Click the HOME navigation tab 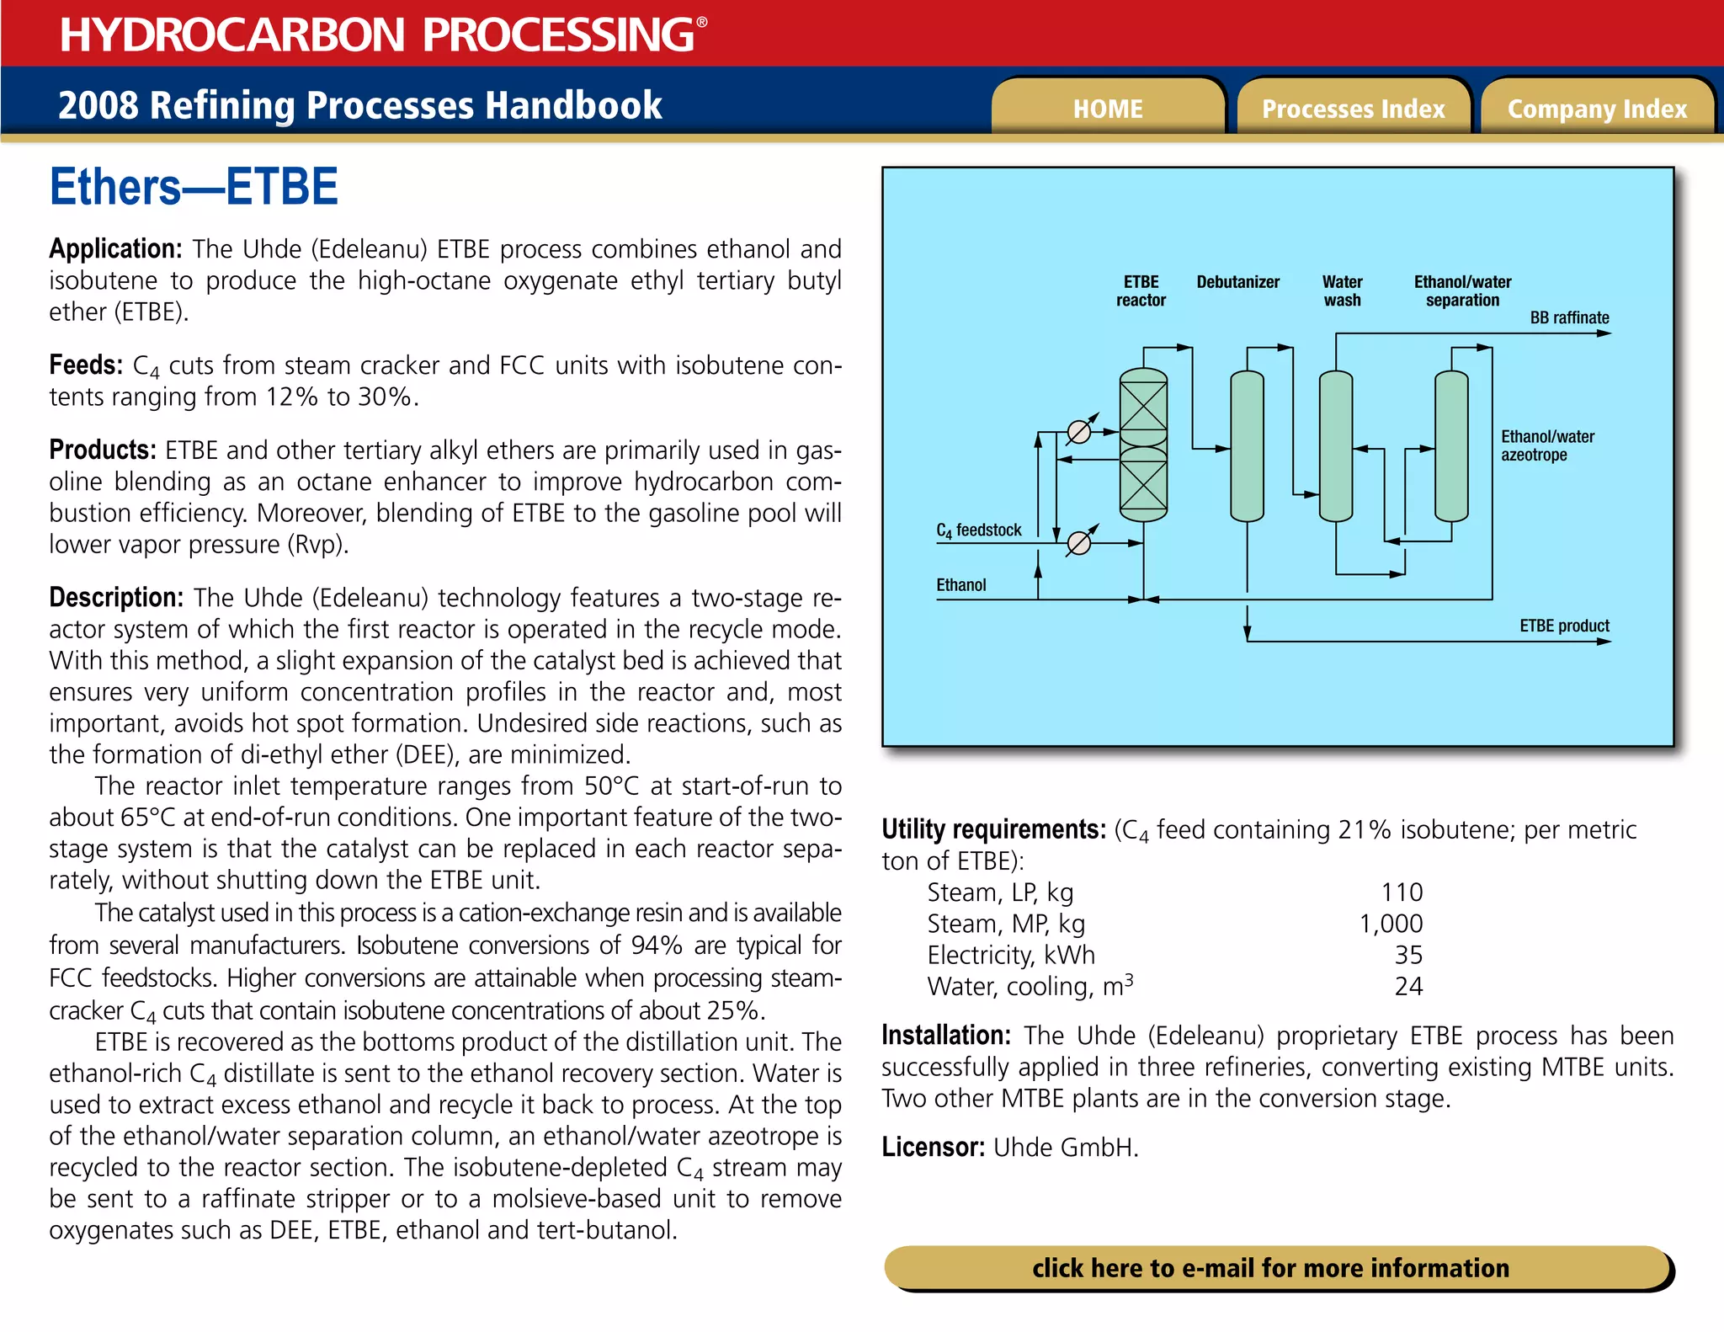point(1107,109)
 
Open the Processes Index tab point(1353,109)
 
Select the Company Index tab point(1597,109)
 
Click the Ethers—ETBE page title point(194,187)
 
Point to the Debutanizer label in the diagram point(1237,282)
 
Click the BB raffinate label point(1569,317)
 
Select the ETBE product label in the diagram point(1564,626)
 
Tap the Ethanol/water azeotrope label point(1546,445)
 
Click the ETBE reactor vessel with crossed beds point(1143,445)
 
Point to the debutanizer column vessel point(1247,446)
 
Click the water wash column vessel point(1335,446)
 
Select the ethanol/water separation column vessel point(1451,446)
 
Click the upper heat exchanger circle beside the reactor point(1078,432)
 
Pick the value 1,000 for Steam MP point(1391,924)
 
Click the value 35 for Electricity point(1408,955)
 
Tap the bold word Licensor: point(933,1147)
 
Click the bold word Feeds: point(86,365)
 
